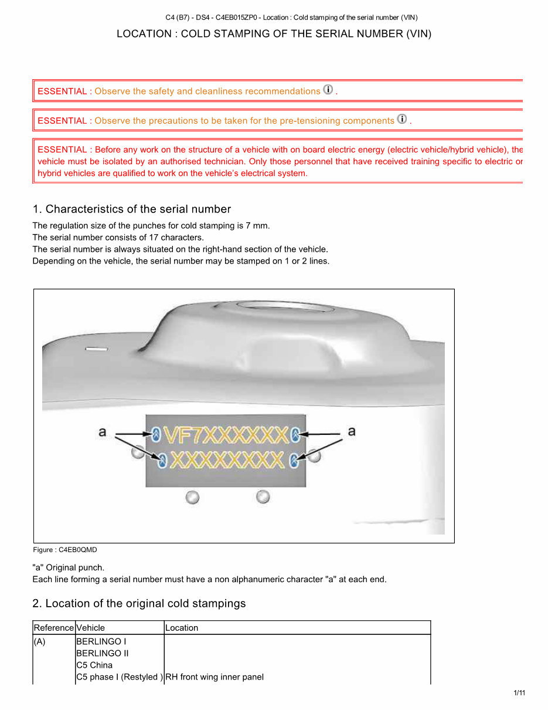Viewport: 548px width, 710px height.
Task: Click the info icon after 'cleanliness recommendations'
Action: tap(328, 90)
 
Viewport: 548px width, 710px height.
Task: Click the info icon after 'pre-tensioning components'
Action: tap(402, 119)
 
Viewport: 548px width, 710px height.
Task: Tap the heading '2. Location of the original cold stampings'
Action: tap(139, 604)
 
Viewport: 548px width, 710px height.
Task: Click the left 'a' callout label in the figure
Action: tap(103, 432)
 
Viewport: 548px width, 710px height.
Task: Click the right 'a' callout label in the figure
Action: tap(352, 431)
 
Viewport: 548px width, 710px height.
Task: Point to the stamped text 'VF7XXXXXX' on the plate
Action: tap(226, 435)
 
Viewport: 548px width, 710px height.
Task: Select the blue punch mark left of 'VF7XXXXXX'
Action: tap(156, 435)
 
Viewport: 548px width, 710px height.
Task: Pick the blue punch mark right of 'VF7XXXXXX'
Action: tap(295, 435)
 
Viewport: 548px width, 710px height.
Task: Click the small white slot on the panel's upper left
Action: tap(97, 349)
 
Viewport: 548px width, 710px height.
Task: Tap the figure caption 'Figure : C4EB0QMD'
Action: tap(64, 550)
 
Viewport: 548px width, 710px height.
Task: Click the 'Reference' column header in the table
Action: tap(54, 628)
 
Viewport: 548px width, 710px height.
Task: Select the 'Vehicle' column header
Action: tap(91, 628)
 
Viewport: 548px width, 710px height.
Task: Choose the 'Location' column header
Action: tap(182, 628)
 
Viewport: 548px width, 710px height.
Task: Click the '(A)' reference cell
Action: tap(39, 642)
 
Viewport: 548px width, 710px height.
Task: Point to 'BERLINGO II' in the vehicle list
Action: tap(103, 654)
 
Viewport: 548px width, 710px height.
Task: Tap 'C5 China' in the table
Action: tap(94, 665)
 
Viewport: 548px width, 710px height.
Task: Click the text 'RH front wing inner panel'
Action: tap(215, 677)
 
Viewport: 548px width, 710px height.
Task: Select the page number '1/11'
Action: tap(519, 693)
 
